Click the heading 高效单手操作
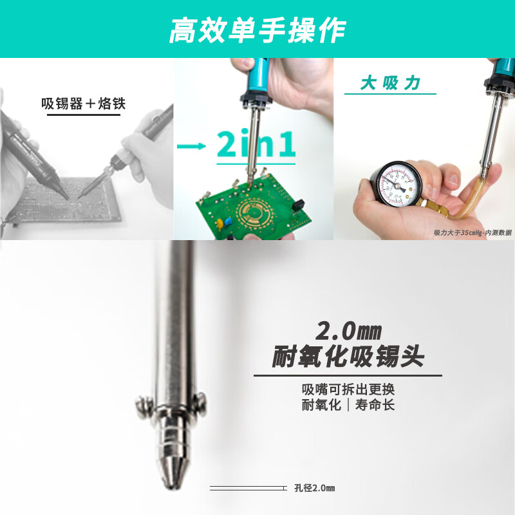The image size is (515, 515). pos(257,30)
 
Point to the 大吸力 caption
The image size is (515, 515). pos(390,84)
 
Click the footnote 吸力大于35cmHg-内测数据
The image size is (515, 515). pos(472,232)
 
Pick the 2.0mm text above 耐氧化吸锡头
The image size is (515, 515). pos(348,332)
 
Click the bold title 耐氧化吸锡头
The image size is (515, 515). pos(348,357)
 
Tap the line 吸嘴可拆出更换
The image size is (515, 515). pos(348,389)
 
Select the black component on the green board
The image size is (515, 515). pos(298,206)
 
